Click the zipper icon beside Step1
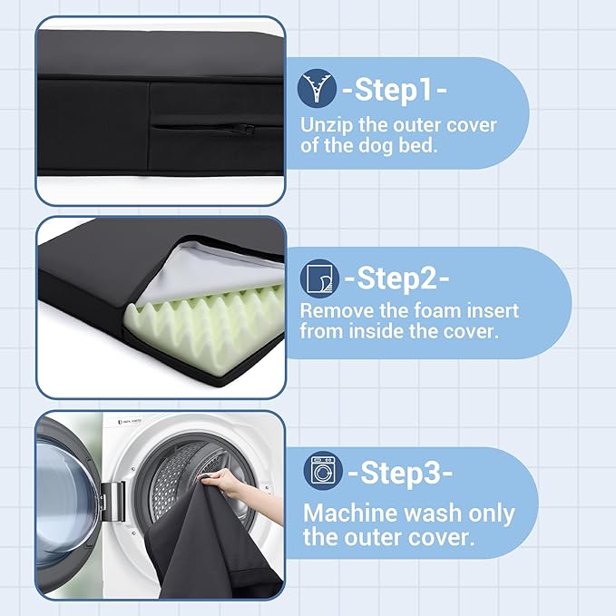[317, 88]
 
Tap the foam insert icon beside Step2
[319, 279]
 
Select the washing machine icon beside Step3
[323, 471]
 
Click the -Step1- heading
[395, 90]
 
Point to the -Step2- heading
[396, 279]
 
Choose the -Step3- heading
[400, 472]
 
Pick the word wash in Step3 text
[433, 513]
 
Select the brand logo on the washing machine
[130, 421]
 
